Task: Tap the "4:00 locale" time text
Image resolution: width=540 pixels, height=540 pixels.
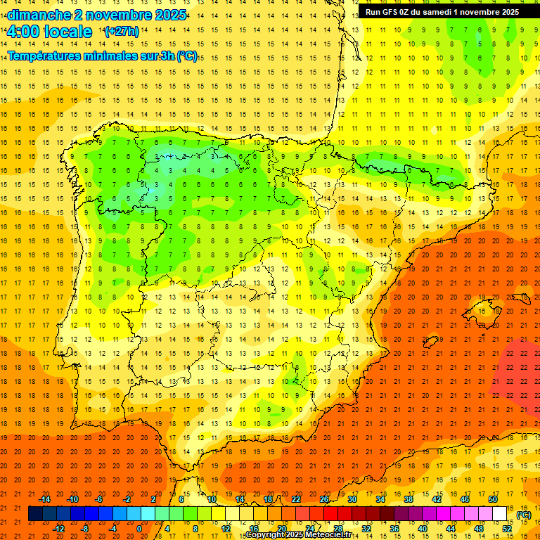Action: (x=49, y=32)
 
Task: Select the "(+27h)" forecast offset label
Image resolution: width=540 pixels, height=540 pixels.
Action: (x=122, y=32)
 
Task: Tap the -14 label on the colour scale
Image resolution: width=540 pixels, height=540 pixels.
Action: (x=45, y=499)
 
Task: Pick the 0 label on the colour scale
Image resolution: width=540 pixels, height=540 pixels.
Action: (x=139, y=529)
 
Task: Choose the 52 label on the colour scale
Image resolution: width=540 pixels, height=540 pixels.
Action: (x=507, y=529)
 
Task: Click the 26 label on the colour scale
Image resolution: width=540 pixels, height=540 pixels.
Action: (x=324, y=499)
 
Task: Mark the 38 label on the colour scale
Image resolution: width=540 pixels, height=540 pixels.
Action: (x=408, y=499)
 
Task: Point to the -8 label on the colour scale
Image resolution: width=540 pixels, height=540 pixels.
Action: (x=86, y=529)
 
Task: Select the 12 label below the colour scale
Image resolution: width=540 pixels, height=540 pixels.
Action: (x=226, y=529)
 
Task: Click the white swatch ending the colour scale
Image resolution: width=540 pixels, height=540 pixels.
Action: (x=499, y=514)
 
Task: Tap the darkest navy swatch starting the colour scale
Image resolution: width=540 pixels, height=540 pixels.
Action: (x=35, y=514)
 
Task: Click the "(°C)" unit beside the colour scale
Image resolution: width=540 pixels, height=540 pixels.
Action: (x=524, y=515)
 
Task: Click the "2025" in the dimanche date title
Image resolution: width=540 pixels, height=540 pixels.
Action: (x=169, y=15)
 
